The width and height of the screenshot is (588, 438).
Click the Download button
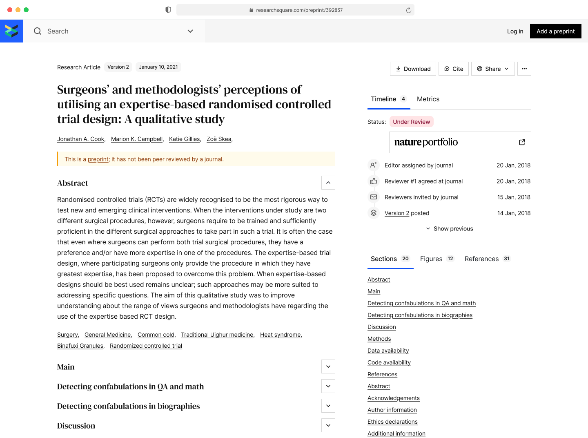413,69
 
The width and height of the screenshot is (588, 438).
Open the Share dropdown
492,69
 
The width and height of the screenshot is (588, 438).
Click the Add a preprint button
555,31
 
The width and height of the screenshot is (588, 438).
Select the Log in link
515,31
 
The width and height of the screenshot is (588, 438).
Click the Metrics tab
428,99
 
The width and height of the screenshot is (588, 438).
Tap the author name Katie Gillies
184,139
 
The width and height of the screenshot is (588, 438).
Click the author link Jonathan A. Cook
80,139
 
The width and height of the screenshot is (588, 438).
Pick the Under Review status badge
411,122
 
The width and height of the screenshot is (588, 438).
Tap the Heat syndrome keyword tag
280,335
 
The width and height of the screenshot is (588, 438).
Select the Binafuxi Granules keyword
80,346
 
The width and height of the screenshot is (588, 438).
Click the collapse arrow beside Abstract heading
328,183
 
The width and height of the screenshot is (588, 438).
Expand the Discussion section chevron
328,425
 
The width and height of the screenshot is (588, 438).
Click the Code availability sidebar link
389,362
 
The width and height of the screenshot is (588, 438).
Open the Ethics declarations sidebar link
392,422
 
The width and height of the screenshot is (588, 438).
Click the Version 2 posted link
396,213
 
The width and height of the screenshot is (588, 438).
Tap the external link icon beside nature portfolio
522,142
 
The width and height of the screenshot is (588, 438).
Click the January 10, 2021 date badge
158,67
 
